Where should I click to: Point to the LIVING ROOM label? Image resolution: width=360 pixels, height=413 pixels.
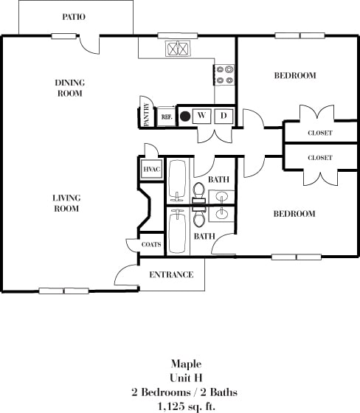click(x=66, y=203)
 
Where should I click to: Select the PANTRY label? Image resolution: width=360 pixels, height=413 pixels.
click(x=146, y=116)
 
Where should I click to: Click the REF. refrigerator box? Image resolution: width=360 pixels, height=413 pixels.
click(x=167, y=117)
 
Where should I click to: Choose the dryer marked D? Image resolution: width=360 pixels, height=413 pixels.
click(x=224, y=116)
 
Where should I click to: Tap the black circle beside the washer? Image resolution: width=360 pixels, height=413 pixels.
click(x=186, y=116)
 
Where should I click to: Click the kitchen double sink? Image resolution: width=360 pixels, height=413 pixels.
click(x=178, y=49)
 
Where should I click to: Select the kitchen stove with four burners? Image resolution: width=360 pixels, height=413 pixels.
click(x=224, y=74)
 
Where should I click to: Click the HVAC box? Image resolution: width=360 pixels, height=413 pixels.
click(x=152, y=169)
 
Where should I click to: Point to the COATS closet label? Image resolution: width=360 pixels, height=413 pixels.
click(x=152, y=244)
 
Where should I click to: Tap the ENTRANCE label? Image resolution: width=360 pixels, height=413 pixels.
click(x=171, y=275)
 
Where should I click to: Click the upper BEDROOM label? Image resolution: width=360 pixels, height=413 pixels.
click(x=294, y=75)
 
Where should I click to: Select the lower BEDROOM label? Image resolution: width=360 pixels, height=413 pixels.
click(x=294, y=214)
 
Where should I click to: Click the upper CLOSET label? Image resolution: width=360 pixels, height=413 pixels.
click(x=319, y=133)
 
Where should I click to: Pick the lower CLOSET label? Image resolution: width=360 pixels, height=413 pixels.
click(x=319, y=158)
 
